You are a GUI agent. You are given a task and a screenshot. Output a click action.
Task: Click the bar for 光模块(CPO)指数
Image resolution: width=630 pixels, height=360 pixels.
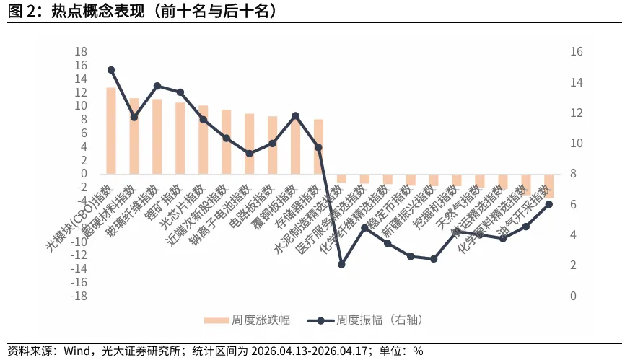pyautogui.click(x=111, y=131)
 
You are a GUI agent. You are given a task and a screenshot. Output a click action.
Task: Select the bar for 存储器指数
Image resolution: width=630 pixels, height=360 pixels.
pyautogui.click(x=318, y=146)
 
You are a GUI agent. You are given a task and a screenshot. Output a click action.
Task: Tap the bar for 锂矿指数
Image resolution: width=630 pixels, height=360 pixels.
pyautogui.click(x=180, y=138)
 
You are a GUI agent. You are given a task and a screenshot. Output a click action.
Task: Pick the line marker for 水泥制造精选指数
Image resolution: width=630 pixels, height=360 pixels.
pyautogui.click(x=341, y=265)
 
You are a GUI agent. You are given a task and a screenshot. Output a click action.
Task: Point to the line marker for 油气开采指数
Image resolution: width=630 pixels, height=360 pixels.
pyautogui.click(x=548, y=204)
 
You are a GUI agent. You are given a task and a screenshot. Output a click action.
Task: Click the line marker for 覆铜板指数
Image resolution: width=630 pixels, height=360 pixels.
pyautogui.click(x=295, y=115)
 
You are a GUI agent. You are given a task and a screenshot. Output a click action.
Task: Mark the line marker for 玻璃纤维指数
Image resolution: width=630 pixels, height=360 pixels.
pyautogui.click(x=157, y=86)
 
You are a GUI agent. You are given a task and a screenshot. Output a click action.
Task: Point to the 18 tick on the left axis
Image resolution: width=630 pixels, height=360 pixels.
pyautogui.click(x=81, y=51)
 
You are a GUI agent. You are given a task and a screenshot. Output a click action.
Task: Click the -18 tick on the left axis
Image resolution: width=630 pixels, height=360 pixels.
pyautogui.click(x=79, y=296)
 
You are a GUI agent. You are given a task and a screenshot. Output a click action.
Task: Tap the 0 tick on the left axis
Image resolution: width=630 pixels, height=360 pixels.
pyautogui.click(x=84, y=174)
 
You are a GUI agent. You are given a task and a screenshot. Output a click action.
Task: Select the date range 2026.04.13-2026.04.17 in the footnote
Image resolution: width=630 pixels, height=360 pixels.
pyautogui.click(x=312, y=351)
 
